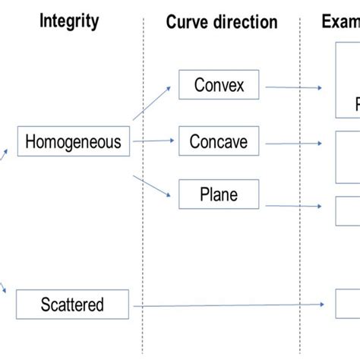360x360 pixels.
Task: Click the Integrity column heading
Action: pyautogui.click(x=69, y=21)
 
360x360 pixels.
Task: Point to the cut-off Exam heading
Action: pyautogui.click(x=339, y=21)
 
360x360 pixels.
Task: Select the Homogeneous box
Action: pyautogui.click(x=73, y=141)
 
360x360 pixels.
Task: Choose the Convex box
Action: pyautogui.click(x=219, y=85)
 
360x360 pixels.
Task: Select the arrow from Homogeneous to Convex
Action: pyautogui.click(x=151, y=103)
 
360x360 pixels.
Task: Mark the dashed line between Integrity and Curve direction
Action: pyautogui.click(x=143, y=190)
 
